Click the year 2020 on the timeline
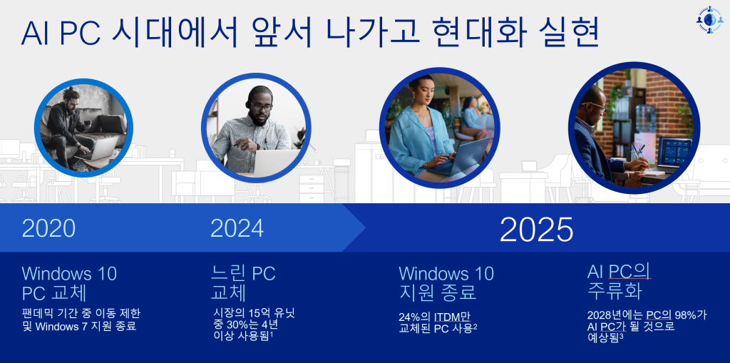(x=48, y=228)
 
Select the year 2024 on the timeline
(x=237, y=228)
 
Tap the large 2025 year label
(x=536, y=229)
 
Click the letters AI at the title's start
(x=38, y=33)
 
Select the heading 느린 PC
(x=242, y=273)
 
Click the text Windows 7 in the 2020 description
(x=86, y=327)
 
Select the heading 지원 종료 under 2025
(x=436, y=292)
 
